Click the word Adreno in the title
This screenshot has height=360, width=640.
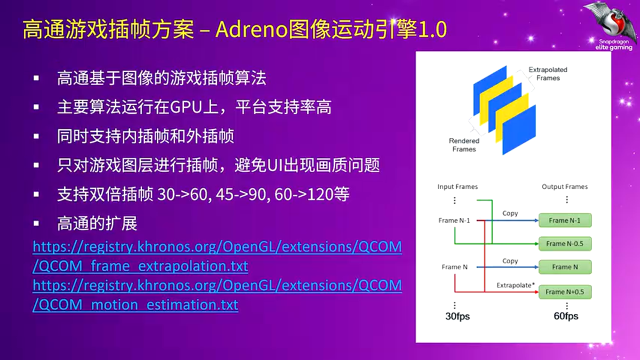tap(251, 29)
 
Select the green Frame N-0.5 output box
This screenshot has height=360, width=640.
tap(565, 243)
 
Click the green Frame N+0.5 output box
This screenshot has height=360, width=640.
tap(565, 291)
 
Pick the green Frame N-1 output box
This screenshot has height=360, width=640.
tap(565, 220)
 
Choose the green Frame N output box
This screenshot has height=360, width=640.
tap(565, 267)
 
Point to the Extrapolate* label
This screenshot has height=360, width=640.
tap(515, 285)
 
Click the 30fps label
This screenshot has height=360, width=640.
tap(457, 316)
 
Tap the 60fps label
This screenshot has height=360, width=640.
tap(565, 316)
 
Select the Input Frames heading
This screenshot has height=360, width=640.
tap(457, 186)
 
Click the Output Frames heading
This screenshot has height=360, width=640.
tap(564, 186)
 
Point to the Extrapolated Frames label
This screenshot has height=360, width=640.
tap(547, 73)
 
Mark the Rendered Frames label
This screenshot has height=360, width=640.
tap(464, 145)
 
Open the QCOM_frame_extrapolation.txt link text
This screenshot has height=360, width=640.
tap(140, 266)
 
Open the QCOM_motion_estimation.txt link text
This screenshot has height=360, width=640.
tap(135, 304)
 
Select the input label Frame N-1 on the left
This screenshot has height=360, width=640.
tap(454, 220)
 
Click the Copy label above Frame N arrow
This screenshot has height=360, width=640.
tap(510, 261)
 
